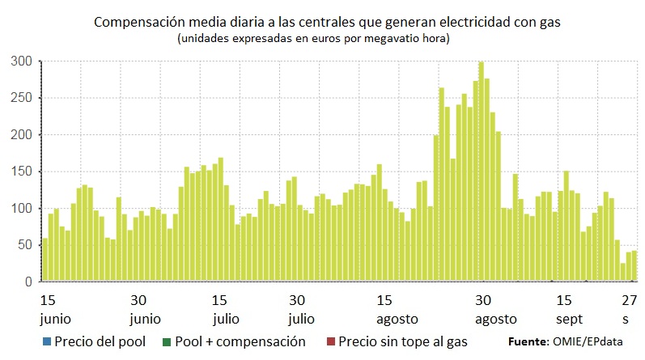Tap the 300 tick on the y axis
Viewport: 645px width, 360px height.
pos(22,61)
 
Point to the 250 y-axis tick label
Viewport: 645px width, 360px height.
pos(22,98)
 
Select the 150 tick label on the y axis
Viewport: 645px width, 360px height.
pos(22,172)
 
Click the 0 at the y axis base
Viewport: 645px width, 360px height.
pos(28,282)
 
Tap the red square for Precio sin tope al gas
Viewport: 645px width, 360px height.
pos(331,342)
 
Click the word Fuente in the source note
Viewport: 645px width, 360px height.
pos(528,342)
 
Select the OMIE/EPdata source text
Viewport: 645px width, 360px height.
pos(596,342)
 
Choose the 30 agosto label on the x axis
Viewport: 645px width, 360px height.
pos(484,308)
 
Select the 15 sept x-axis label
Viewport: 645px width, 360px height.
pos(568,308)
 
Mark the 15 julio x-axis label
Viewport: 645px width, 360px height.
pos(227,308)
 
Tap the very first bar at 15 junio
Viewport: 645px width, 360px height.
pos(45,260)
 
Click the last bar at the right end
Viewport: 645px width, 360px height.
pos(634,266)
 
